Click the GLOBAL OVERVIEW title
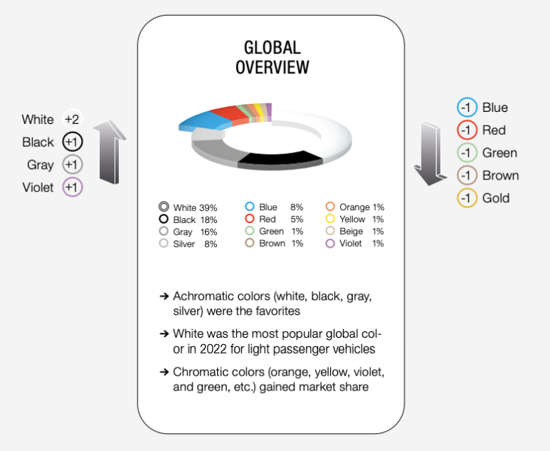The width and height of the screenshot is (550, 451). coord(272,58)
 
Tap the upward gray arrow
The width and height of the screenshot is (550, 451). coord(110,152)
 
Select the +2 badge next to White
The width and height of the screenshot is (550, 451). coord(73,119)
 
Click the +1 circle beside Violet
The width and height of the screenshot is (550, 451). coord(73,187)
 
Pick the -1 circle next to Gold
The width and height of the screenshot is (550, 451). coord(467,198)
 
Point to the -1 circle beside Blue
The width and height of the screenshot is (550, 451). coord(467,108)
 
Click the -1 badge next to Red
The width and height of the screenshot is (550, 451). coord(467,130)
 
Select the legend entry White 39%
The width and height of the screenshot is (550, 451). coord(189,207)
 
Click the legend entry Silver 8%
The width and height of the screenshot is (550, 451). coord(189,244)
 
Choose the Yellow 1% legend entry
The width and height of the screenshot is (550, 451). coord(356,219)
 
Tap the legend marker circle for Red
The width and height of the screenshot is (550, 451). coord(250,219)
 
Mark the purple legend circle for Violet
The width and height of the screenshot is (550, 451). coord(330,244)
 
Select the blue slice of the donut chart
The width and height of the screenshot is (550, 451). coord(203,121)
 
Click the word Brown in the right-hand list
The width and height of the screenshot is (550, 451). coord(500,175)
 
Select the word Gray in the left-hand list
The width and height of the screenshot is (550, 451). coord(41,165)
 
